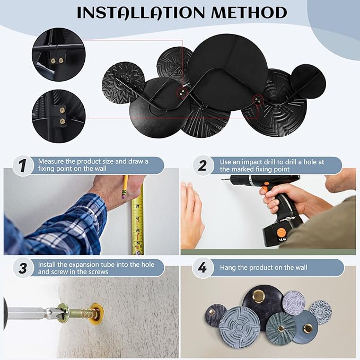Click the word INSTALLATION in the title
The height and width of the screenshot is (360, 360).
(141, 13)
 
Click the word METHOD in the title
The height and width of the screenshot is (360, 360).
(249, 13)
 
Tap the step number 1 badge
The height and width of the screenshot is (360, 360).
(23, 166)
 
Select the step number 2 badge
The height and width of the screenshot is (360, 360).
(202, 166)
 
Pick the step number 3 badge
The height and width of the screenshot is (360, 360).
(23, 268)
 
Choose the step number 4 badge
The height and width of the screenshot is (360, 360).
(202, 268)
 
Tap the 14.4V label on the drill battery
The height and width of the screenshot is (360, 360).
(283, 240)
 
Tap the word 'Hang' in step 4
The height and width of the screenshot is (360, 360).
(228, 268)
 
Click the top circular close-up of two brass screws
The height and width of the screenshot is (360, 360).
(59, 55)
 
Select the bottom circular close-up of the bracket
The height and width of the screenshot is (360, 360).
(59, 116)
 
